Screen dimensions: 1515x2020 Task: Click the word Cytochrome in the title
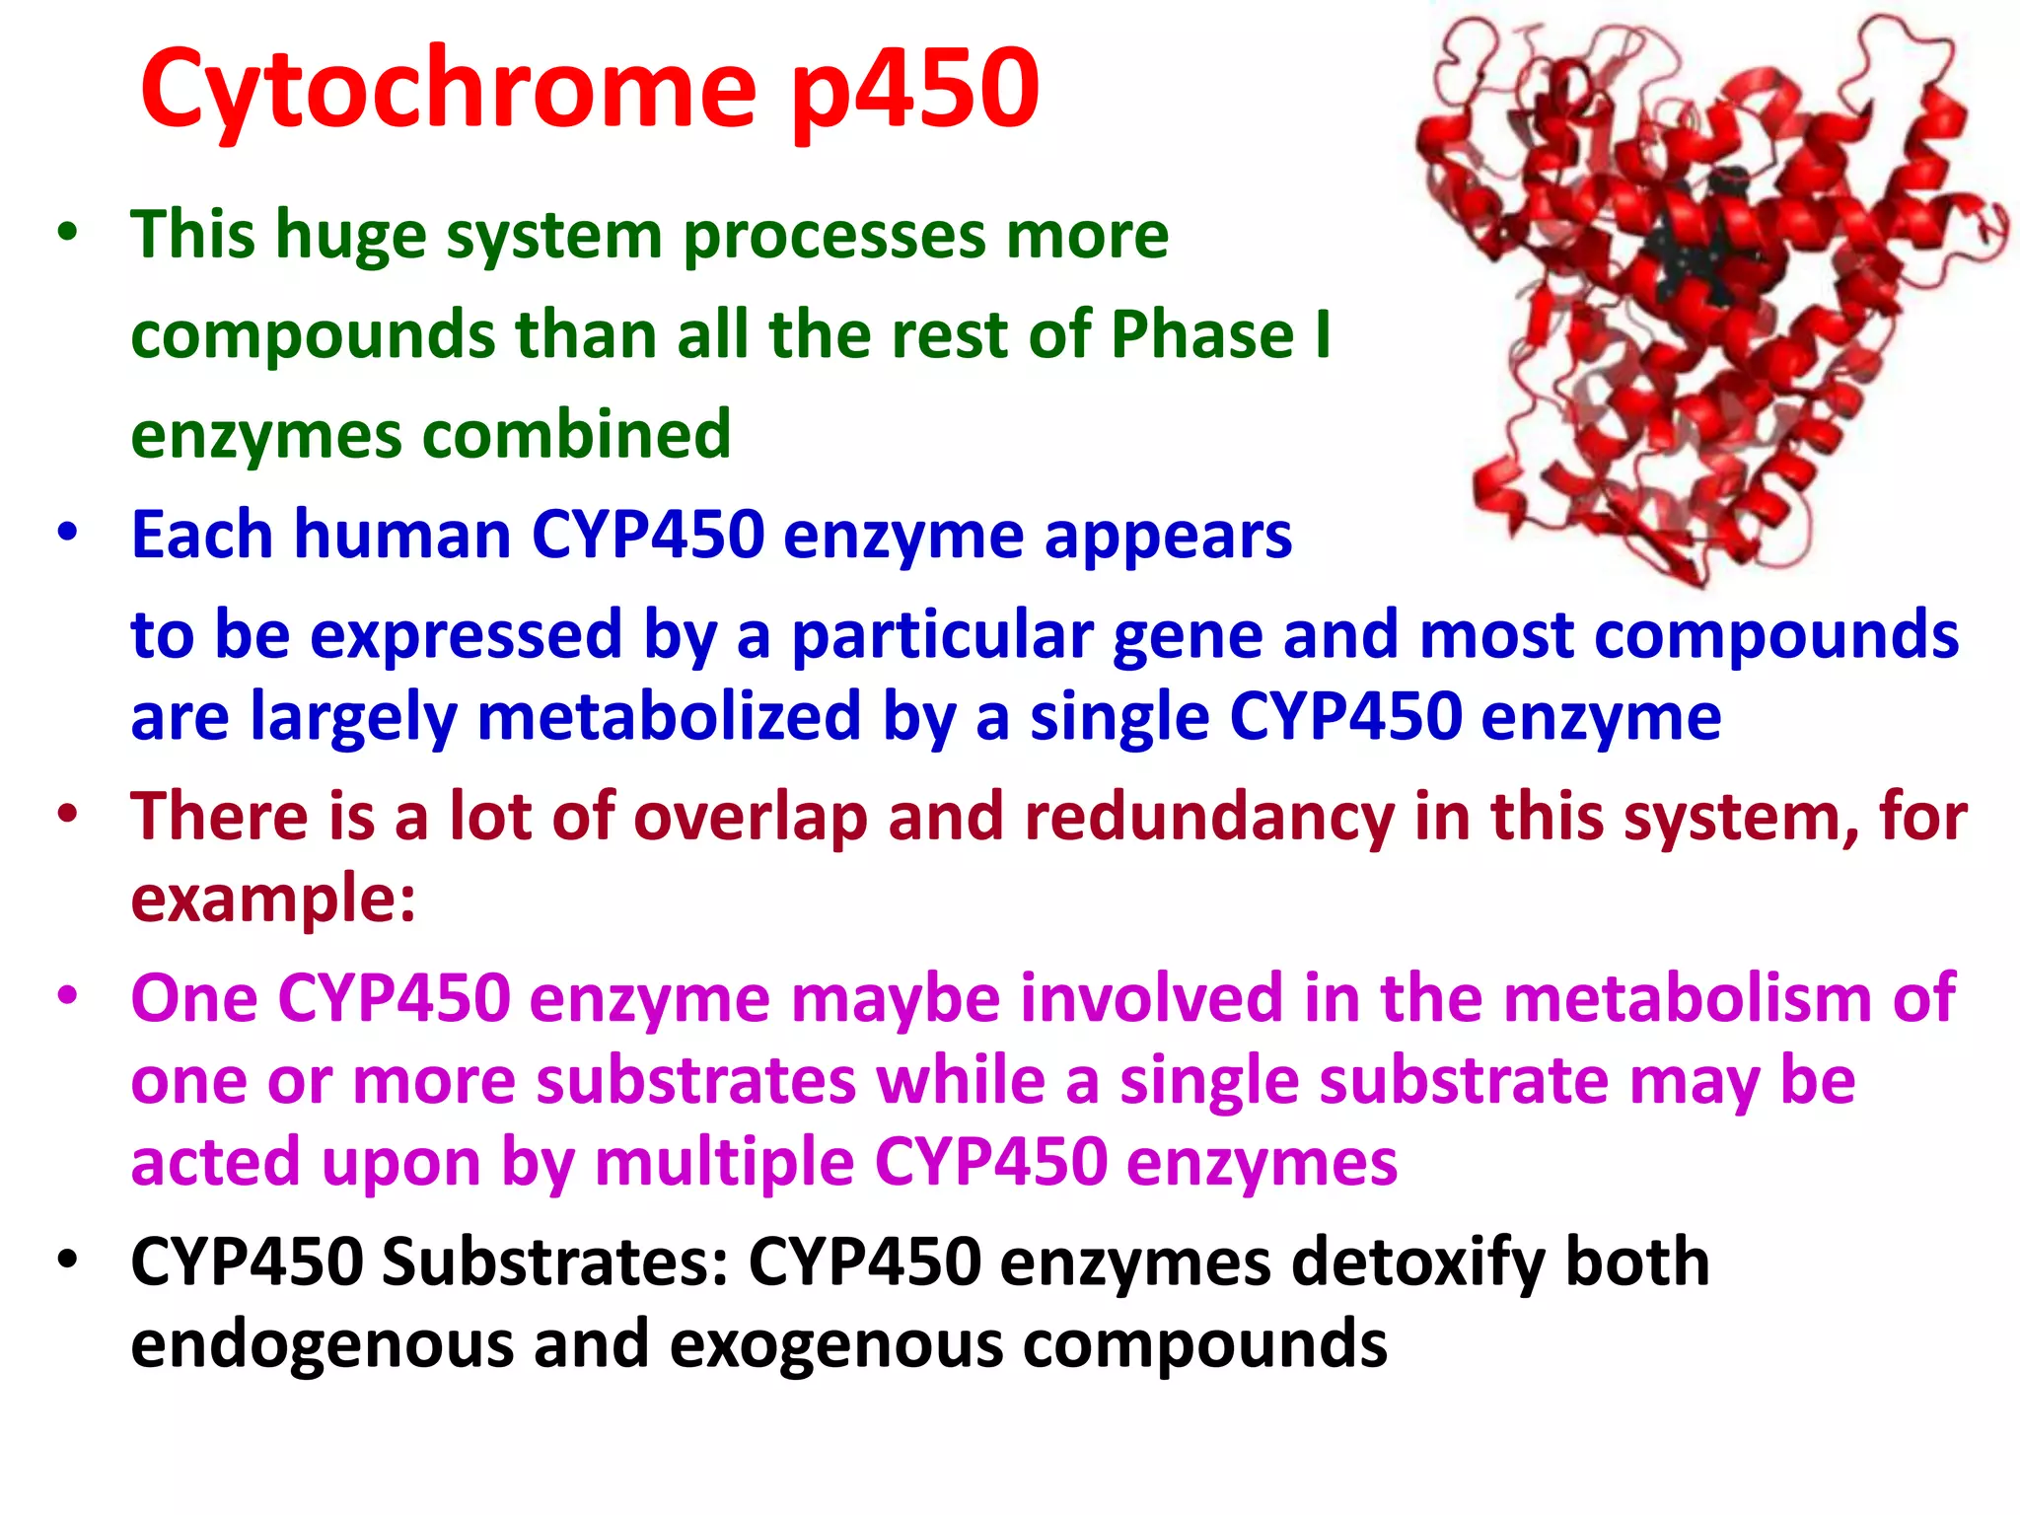[449, 91]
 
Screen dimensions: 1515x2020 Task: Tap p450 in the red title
[915, 91]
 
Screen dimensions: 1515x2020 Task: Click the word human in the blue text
[402, 535]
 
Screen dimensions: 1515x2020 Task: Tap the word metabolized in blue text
[669, 716]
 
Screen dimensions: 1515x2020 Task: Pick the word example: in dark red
[273, 899]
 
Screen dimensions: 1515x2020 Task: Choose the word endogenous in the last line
[322, 1344]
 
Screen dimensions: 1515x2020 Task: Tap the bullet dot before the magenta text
[67, 994]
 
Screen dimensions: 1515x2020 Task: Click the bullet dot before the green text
[67, 234]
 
